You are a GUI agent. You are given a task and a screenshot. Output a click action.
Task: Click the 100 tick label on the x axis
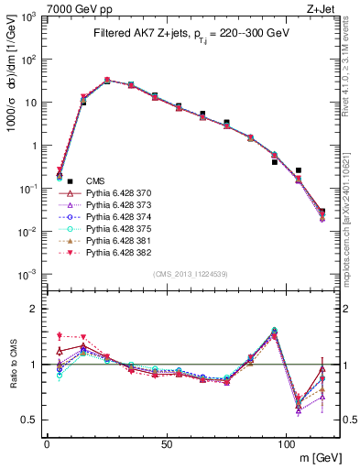tap(286, 443)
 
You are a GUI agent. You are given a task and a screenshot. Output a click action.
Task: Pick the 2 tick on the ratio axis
tap(34, 309)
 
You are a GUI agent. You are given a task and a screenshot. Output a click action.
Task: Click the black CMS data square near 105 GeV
tap(298, 170)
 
